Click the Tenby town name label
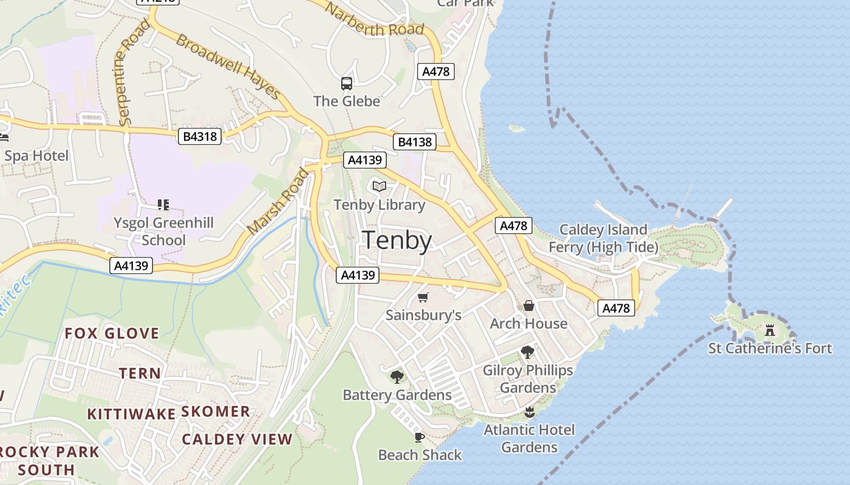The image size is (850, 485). [x=397, y=241]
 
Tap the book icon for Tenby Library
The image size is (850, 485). [x=379, y=186]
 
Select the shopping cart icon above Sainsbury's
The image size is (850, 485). [x=423, y=297]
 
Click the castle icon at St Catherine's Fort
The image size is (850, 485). [x=770, y=330]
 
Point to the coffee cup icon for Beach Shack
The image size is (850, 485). [x=419, y=437]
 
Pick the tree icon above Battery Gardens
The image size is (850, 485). [x=397, y=377]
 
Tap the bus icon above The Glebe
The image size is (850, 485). [x=347, y=84]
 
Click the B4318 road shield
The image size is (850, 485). [x=200, y=136]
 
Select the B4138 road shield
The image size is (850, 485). [x=415, y=142]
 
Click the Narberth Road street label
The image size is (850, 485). [x=374, y=20]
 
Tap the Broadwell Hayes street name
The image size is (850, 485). [x=229, y=67]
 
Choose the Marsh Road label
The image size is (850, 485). [x=277, y=202]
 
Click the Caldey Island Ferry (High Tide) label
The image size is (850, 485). [x=603, y=238]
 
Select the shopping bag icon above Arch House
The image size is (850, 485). [x=529, y=306]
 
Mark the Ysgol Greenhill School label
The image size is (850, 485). [x=163, y=231]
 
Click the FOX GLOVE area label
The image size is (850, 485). [x=112, y=333]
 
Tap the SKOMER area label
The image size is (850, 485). [x=216, y=412]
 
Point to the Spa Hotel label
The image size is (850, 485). [x=36, y=156]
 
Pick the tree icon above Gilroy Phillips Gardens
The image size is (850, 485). [x=528, y=352]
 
